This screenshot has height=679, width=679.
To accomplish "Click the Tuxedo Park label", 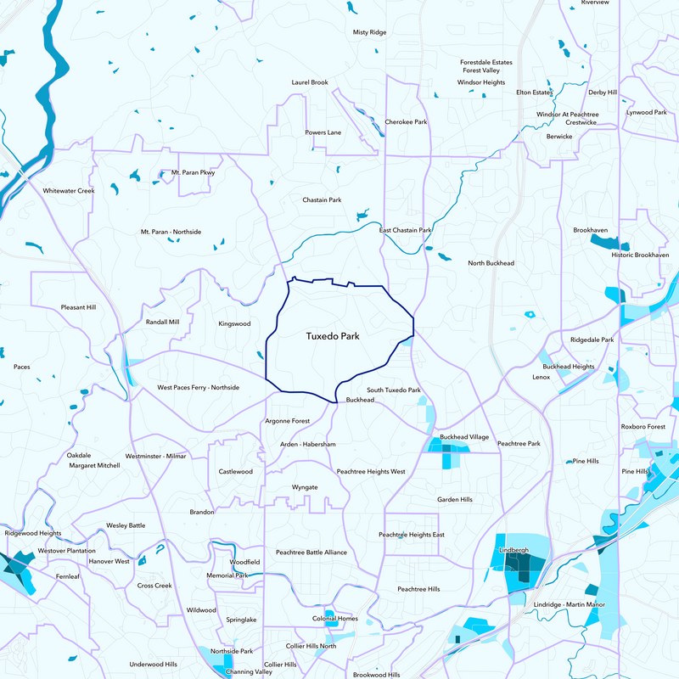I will tap(333, 337).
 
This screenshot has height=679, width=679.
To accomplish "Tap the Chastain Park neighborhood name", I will tap(322, 200).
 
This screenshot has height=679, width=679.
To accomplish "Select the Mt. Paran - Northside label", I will tap(171, 232).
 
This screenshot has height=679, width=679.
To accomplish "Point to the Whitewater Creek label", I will tap(69, 191).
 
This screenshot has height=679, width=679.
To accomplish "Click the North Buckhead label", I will tap(491, 263).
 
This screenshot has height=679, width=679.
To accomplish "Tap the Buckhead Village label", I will tap(464, 436).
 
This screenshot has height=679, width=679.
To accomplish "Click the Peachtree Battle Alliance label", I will tap(311, 553).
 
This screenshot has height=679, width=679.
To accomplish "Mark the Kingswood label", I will tap(234, 323).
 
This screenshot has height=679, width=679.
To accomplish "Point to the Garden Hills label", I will tap(455, 500).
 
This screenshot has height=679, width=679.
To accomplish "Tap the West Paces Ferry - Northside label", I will tap(199, 388).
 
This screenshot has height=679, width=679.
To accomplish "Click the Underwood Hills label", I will tap(153, 664).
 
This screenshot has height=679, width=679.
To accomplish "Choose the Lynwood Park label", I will tap(646, 112).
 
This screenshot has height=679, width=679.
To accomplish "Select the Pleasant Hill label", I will tap(79, 307).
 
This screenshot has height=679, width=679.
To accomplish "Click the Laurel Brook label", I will tap(309, 82).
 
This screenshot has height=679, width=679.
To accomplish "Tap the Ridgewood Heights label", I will tap(33, 534).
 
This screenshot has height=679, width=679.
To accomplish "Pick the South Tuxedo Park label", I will tap(394, 390).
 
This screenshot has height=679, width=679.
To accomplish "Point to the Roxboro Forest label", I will tap(643, 426).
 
